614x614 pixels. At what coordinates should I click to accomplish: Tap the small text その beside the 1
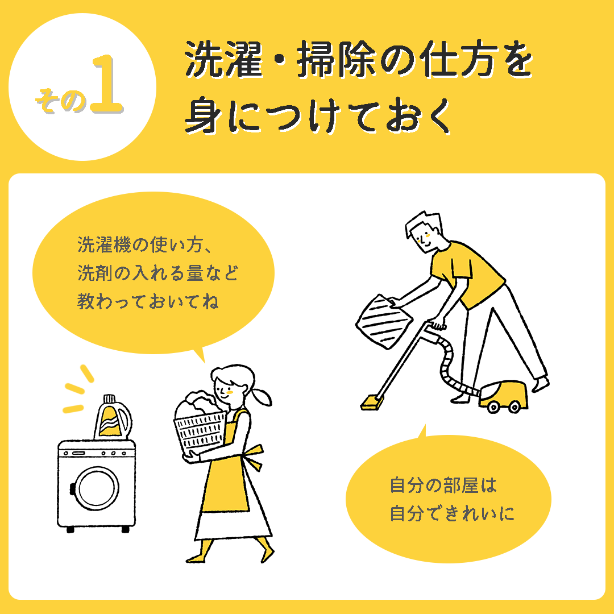pos(60,101)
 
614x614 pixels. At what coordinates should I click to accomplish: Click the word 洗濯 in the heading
pos(223,59)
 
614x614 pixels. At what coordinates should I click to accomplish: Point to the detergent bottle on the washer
pos(113,417)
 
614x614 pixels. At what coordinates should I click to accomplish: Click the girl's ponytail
pos(262,396)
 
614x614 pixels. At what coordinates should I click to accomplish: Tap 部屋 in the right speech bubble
pos(460,485)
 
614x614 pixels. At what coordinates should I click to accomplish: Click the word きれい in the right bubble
pos(471,513)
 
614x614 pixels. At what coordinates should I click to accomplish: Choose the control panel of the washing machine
pos(96,453)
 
